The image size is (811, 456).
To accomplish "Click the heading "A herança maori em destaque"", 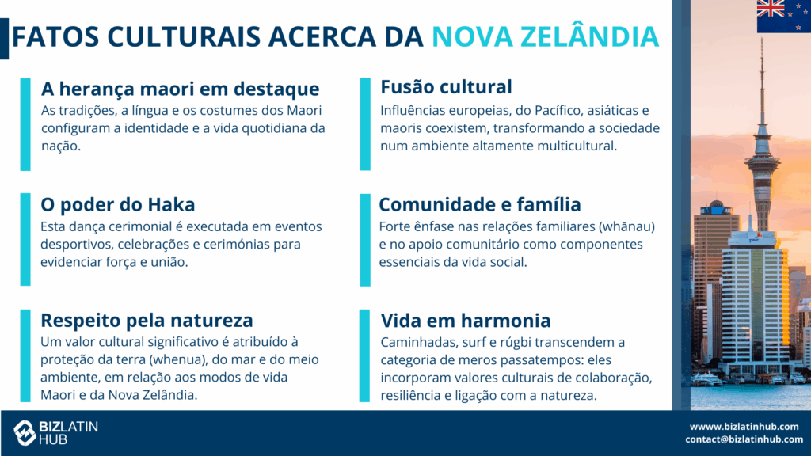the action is coord(180,89).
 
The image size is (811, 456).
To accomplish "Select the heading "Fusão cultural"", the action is coord(446,87).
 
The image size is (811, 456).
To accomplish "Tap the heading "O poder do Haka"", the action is coord(118,205).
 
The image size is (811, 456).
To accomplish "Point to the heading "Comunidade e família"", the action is coord(480,205).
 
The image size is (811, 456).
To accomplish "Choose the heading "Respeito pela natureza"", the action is coord(147,321).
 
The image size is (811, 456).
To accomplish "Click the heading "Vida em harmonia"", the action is coord(466,321).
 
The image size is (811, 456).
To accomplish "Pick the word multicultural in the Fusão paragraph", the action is coord(577,146).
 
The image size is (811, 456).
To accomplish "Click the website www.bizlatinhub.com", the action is coord(744,427).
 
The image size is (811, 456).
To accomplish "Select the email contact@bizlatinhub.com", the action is coord(744,439).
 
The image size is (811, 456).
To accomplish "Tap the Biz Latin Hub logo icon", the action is coord(25,433).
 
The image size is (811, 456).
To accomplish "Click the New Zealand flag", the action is coord(783,17).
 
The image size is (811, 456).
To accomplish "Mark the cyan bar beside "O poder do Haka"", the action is coord(25,239).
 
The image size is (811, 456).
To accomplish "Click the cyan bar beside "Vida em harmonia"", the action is coord(364,355).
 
